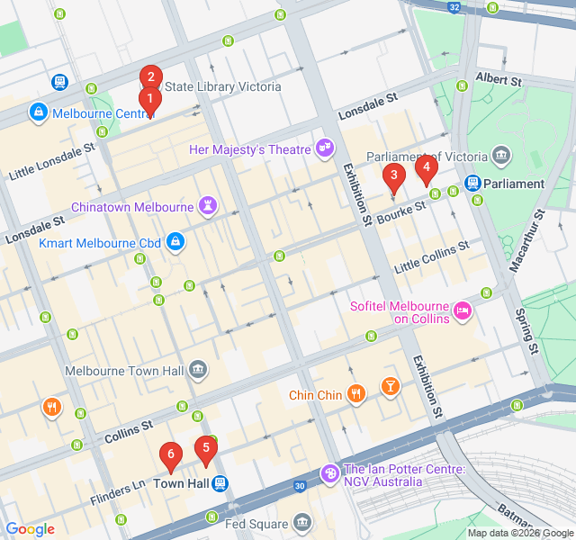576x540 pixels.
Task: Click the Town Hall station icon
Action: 220,483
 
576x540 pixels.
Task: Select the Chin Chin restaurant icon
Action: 357,392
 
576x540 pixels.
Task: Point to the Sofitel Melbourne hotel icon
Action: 463,310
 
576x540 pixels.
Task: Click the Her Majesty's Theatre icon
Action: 324,147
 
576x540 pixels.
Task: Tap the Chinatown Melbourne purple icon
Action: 209,206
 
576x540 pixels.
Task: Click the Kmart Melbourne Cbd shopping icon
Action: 176,242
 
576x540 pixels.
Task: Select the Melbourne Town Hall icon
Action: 197,369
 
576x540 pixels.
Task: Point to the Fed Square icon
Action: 302,523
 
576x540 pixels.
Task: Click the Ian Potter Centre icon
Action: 330,472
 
